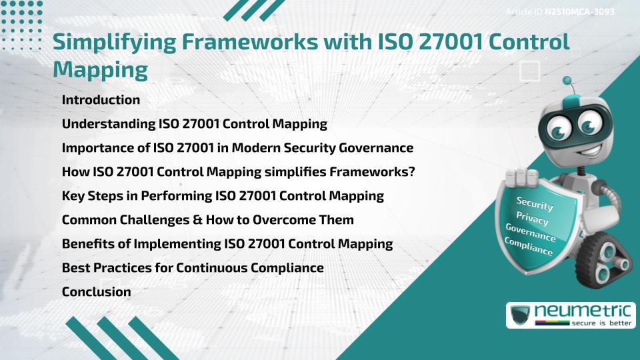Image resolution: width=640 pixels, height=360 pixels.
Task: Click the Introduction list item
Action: pyautogui.click(x=101, y=100)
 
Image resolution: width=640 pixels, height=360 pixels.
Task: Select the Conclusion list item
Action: pyautogui.click(x=96, y=291)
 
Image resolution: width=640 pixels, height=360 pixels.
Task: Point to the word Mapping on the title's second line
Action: pyautogui.click(x=100, y=69)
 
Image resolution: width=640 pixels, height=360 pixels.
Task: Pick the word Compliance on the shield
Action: pyautogui.click(x=529, y=247)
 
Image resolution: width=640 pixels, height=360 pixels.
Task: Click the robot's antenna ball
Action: pyautogui.click(x=568, y=81)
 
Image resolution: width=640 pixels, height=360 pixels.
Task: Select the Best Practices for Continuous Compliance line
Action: pyautogui.click(x=193, y=267)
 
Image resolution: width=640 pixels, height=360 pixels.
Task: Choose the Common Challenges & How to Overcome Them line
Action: pyautogui.click(x=207, y=219)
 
